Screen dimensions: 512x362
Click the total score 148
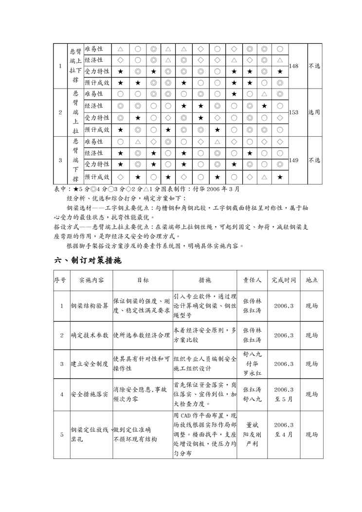click(293, 66)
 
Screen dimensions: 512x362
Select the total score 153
click(293, 112)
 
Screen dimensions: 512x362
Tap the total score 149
click(293, 160)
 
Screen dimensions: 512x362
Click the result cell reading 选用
click(314, 112)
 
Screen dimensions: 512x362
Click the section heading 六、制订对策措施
click(87, 260)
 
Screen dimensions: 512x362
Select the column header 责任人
click(252, 280)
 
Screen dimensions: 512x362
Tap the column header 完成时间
click(284, 280)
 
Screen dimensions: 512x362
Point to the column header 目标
click(143, 280)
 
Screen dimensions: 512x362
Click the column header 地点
click(311, 280)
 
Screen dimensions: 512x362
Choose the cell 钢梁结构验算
click(90, 306)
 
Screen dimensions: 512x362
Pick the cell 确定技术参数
click(90, 335)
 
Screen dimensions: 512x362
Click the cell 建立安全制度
click(90, 364)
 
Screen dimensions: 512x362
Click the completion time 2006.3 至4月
click(284, 429)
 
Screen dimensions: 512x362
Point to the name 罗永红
click(252, 373)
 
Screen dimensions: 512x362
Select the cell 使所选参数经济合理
click(142, 335)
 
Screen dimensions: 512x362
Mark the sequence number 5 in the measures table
click(61, 435)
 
